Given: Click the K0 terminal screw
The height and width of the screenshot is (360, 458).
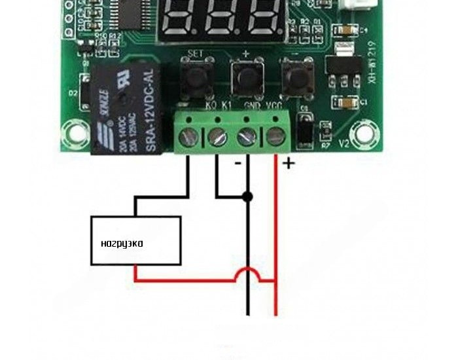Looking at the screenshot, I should coord(190,136).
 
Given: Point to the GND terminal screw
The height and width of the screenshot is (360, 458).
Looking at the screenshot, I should coord(246,136).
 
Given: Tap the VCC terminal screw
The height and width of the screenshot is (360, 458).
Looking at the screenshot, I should coord(274,136).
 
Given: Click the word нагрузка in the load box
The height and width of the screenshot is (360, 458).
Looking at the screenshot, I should coord(122,243).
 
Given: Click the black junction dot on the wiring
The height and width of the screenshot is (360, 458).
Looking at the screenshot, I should coord(247,196).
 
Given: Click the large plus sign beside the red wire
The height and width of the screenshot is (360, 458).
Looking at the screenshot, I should coord(288,163).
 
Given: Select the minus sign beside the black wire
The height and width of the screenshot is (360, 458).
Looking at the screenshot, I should coord(238,162).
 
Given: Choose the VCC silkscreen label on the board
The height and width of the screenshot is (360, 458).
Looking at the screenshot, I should coord(273,105).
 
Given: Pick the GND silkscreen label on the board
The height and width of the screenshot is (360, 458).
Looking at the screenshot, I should coord(252,105).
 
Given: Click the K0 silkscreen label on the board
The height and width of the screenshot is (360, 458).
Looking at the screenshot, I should coord(211,105).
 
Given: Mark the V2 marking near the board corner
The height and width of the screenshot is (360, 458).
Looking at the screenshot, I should coord(346,142).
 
